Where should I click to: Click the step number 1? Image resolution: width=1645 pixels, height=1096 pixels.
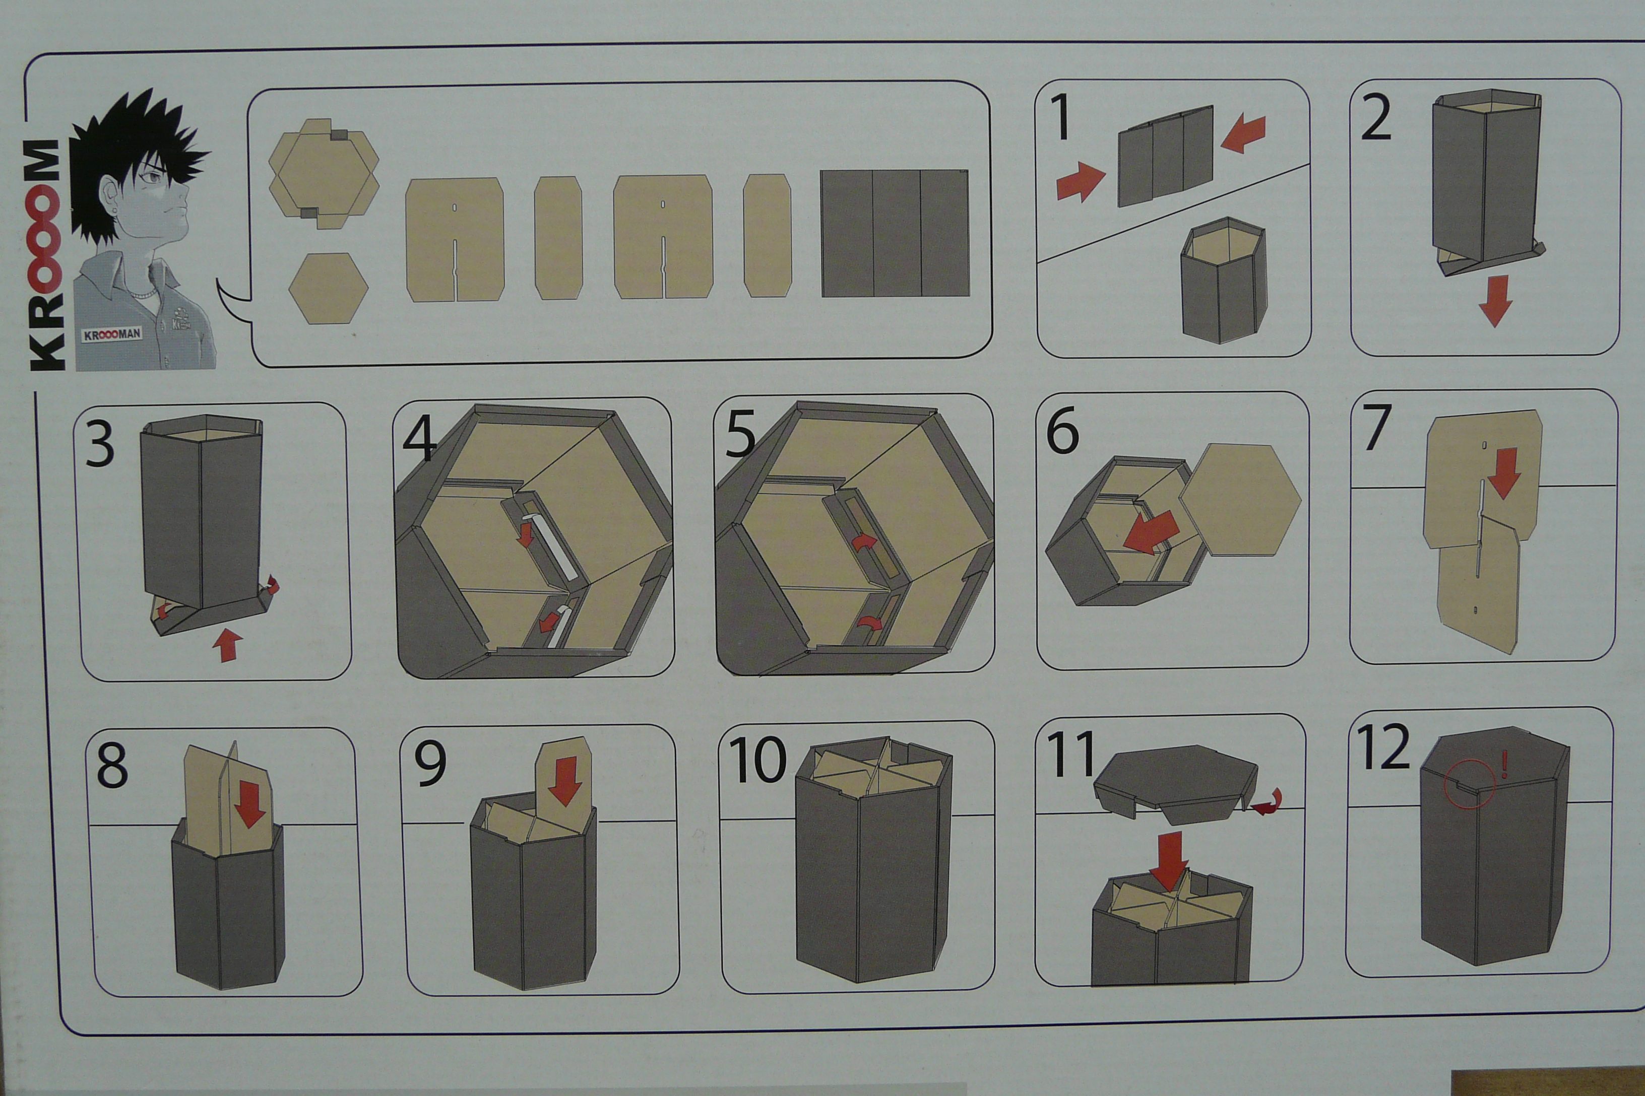pyautogui.click(x=1062, y=117)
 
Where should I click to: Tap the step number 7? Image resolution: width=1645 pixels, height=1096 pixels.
pyautogui.click(x=1376, y=427)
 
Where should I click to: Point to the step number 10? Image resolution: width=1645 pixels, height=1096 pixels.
pyautogui.click(x=757, y=761)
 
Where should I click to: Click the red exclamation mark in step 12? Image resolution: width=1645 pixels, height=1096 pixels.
pyautogui.click(x=1504, y=764)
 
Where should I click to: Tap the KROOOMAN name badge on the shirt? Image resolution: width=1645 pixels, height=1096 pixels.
pyautogui.click(x=112, y=335)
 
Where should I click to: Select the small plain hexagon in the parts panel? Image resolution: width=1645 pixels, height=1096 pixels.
pyautogui.click(x=329, y=288)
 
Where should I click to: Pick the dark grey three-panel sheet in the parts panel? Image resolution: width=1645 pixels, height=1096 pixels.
pyautogui.click(x=895, y=233)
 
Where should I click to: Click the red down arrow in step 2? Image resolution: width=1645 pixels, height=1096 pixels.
pyautogui.click(x=1495, y=301)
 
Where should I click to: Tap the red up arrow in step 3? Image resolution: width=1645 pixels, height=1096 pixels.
pyautogui.click(x=227, y=645)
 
